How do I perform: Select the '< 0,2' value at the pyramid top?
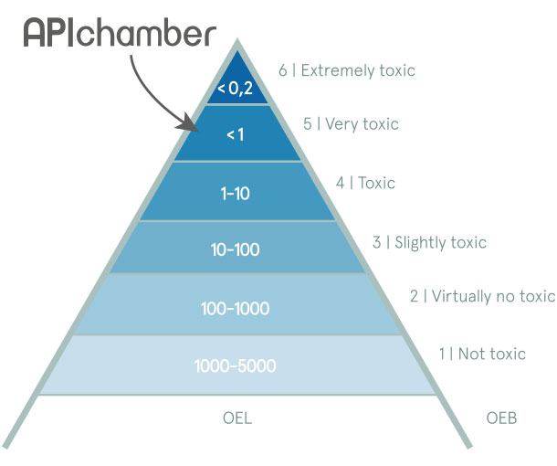coord(236,89)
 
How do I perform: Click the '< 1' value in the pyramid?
coord(236,134)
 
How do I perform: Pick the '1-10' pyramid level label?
coord(236,193)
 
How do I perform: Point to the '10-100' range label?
coord(236,249)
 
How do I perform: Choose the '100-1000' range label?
coord(236,308)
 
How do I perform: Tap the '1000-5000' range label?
coord(236,366)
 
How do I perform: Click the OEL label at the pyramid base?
coord(236,419)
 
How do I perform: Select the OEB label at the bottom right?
coord(502,419)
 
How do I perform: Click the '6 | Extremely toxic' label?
coord(346,69)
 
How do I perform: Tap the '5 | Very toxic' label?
coord(351,123)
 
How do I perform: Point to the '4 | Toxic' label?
coord(365,183)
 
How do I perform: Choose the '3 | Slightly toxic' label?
coord(429,242)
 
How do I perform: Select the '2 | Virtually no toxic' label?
coord(482,296)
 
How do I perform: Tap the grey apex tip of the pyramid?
coord(237,44)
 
